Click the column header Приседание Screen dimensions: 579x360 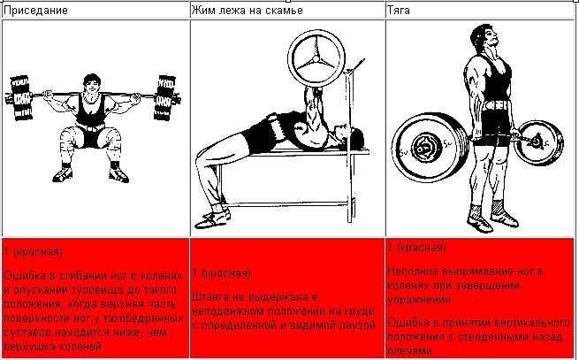36,10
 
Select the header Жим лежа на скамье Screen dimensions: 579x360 247,10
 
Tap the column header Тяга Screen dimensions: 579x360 399,10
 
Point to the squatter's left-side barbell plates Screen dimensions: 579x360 21,98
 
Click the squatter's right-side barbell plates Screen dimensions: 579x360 164,97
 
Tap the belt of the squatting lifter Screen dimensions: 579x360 90,127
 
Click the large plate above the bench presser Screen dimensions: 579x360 316,59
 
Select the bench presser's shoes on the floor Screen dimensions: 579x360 212,218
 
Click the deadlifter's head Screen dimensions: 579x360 484,39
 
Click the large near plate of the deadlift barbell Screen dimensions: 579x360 429,147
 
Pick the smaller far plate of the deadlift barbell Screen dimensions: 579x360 538,142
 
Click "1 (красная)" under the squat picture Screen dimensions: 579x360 34,252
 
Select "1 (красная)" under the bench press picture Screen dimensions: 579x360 222,273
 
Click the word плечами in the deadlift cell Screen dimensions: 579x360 409,351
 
